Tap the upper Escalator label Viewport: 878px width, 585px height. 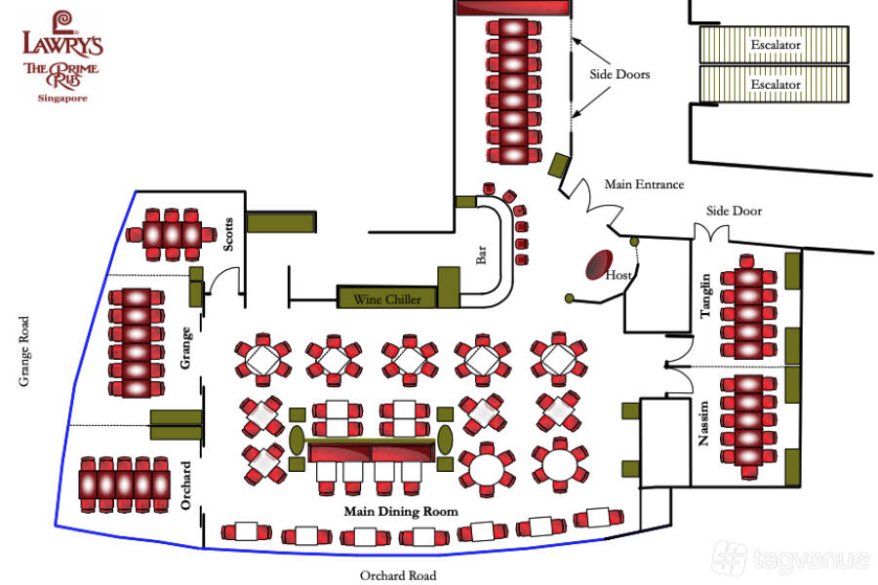point(776,45)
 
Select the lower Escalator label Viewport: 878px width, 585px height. point(776,85)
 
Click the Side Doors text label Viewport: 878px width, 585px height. point(619,74)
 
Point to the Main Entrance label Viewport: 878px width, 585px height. point(644,184)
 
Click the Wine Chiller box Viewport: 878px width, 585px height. point(387,299)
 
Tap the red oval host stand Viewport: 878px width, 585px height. point(596,266)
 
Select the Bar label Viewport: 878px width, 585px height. point(481,255)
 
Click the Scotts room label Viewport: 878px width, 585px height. point(229,234)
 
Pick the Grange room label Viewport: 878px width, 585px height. point(186,346)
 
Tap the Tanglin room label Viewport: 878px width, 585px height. point(705,296)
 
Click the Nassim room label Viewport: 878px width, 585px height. point(704,424)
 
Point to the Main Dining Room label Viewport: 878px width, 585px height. point(401,511)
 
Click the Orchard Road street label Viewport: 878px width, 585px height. point(398,575)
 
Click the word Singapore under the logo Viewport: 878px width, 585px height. point(62,99)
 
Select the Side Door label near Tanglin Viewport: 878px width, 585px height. point(734,211)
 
